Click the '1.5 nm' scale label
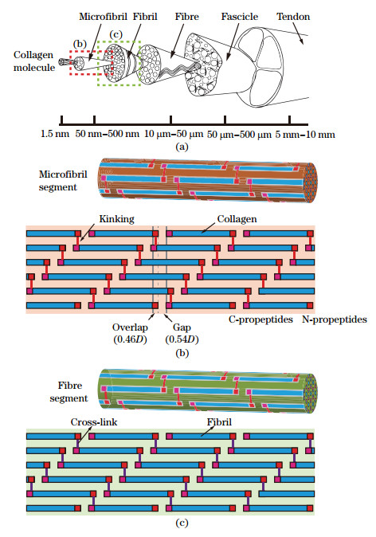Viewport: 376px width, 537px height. [55, 133]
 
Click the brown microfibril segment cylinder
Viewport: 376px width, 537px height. [207, 182]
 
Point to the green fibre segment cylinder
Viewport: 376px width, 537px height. [207, 391]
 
